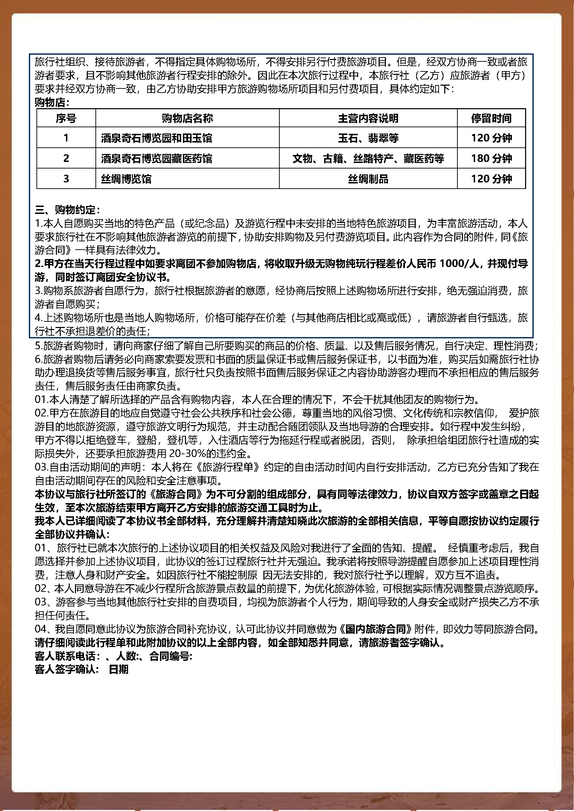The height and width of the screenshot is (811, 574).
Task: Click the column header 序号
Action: [x=66, y=118]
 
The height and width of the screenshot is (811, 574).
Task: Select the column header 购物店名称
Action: [x=187, y=118]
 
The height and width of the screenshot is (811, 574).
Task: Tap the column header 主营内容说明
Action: [x=368, y=118]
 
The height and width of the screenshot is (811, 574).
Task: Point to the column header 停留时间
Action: [x=491, y=118]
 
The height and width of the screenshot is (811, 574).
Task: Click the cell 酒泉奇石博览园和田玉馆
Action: [x=157, y=138]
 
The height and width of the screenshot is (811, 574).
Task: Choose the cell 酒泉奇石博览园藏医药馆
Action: [x=157, y=158]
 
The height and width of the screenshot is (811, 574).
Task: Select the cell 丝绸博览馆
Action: [x=126, y=179]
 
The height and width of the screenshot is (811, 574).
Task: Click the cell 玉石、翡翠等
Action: [x=368, y=138]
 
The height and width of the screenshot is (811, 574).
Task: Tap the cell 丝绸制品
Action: [x=368, y=179]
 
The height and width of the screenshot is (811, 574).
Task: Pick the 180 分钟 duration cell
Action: [x=491, y=158]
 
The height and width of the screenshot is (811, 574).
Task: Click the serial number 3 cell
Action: [x=66, y=179]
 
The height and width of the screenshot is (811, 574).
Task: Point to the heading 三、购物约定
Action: [x=67, y=210]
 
